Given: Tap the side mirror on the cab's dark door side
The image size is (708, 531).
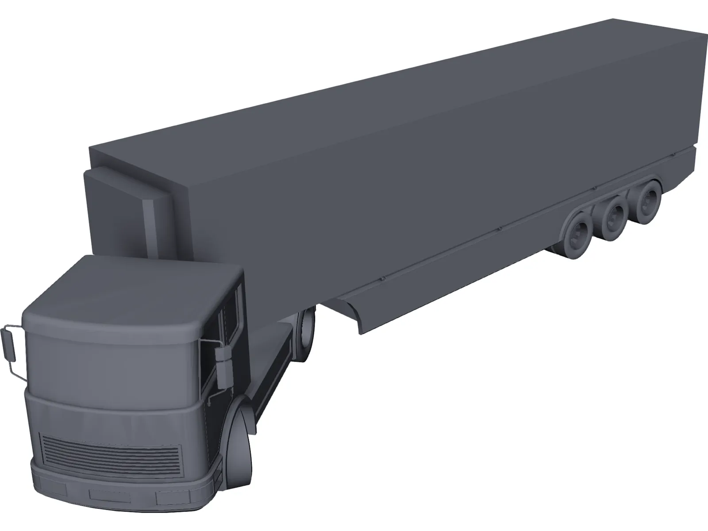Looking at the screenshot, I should tap(223, 365).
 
